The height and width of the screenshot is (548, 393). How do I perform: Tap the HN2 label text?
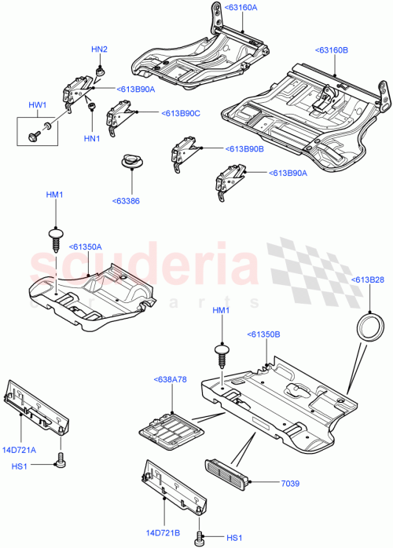(x=99, y=49)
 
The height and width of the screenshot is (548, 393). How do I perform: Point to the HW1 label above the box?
(x=37, y=104)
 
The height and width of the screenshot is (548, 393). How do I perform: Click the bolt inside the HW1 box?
(x=36, y=130)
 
